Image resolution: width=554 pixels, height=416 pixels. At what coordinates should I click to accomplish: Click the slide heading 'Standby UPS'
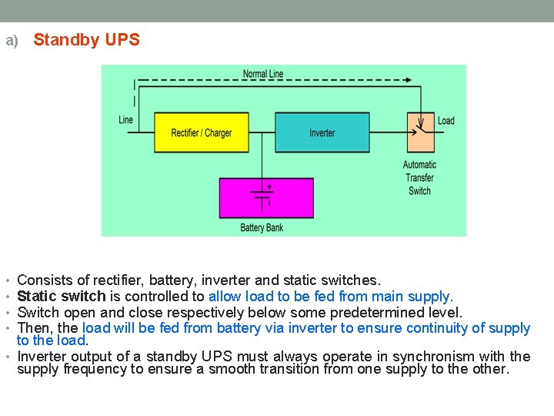(x=87, y=40)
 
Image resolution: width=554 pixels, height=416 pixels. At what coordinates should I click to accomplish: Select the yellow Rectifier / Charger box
(x=202, y=133)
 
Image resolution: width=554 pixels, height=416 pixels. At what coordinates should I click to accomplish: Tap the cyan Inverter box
(x=322, y=133)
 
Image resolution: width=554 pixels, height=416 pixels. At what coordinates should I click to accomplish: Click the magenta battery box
(x=266, y=198)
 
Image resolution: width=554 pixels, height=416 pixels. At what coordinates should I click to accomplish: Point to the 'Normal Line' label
(x=263, y=74)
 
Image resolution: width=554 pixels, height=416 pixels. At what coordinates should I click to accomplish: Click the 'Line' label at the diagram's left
(x=125, y=119)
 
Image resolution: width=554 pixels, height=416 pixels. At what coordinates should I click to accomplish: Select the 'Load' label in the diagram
(x=446, y=120)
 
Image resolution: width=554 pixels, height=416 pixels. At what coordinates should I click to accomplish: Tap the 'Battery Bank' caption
(x=262, y=227)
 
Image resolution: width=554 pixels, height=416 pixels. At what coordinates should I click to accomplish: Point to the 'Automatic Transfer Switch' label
(x=419, y=177)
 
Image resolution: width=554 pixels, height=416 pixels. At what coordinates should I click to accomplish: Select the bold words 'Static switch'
(x=61, y=297)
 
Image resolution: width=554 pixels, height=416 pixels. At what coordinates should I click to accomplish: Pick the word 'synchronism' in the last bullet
(x=435, y=357)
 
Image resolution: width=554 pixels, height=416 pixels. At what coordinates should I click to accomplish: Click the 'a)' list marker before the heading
(x=12, y=41)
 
